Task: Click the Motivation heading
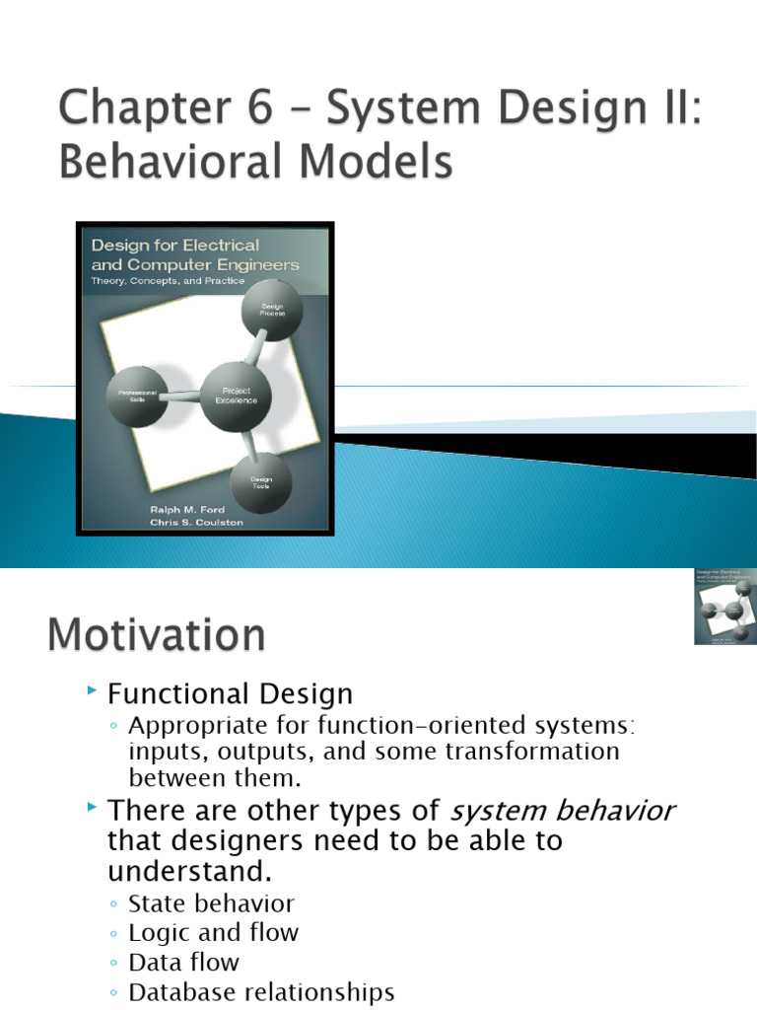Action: click(x=156, y=634)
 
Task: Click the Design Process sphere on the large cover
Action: click(x=272, y=311)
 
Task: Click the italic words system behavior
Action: click(x=562, y=811)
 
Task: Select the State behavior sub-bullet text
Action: click(x=211, y=902)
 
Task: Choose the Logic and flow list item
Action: click(x=213, y=932)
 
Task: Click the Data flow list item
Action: click(x=183, y=962)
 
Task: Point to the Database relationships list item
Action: click(x=261, y=992)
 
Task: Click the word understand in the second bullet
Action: click(x=188, y=872)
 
